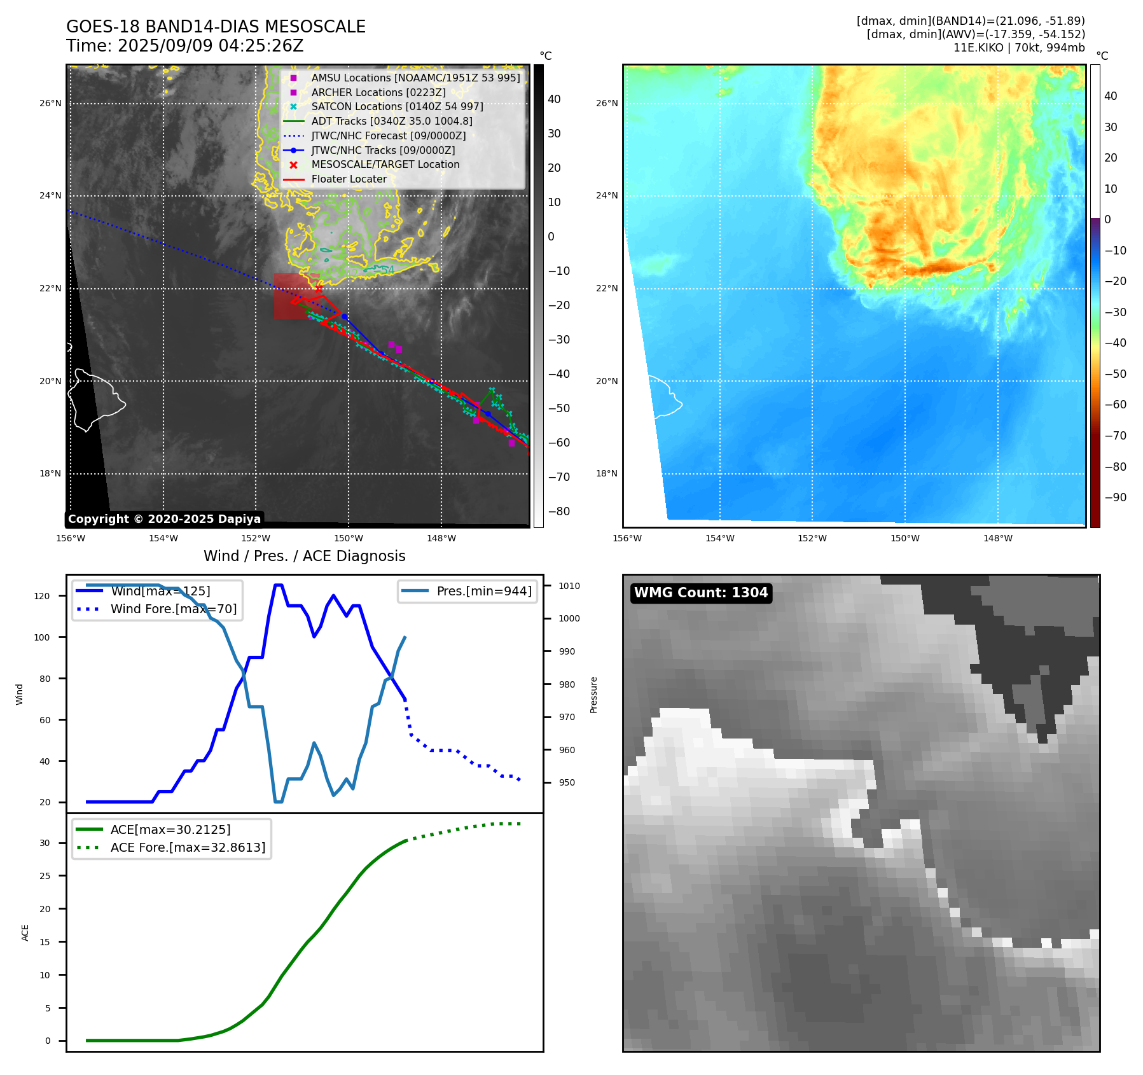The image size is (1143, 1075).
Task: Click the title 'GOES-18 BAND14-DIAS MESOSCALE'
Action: pos(216,27)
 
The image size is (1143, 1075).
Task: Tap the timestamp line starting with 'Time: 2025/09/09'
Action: pos(184,46)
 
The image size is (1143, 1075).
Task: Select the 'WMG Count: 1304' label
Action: pos(701,593)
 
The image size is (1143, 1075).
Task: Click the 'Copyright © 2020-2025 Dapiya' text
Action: pos(164,519)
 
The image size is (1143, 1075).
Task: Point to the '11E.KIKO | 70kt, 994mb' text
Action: pos(1019,48)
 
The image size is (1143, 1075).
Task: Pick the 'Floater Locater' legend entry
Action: pos(349,179)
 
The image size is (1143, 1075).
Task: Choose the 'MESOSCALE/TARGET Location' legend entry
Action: pos(385,165)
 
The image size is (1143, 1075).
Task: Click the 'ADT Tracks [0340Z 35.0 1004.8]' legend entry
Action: pos(391,121)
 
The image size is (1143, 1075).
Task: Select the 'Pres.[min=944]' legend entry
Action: pos(483,591)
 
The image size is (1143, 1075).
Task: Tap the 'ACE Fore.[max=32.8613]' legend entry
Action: pos(188,847)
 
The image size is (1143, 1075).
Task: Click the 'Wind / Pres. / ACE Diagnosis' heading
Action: pos(304,556)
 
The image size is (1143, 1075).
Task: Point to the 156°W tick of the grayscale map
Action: pos(71,538)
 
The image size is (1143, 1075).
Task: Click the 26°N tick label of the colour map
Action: pos(606,103)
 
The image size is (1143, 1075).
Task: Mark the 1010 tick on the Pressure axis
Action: pos(569,586)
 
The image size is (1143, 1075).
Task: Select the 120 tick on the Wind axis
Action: pos(42,596)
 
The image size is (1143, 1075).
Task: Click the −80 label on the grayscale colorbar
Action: pos(559,511)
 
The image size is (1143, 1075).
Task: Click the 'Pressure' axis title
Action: pos(593,695)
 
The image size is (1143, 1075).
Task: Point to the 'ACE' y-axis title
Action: pos(25,933)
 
